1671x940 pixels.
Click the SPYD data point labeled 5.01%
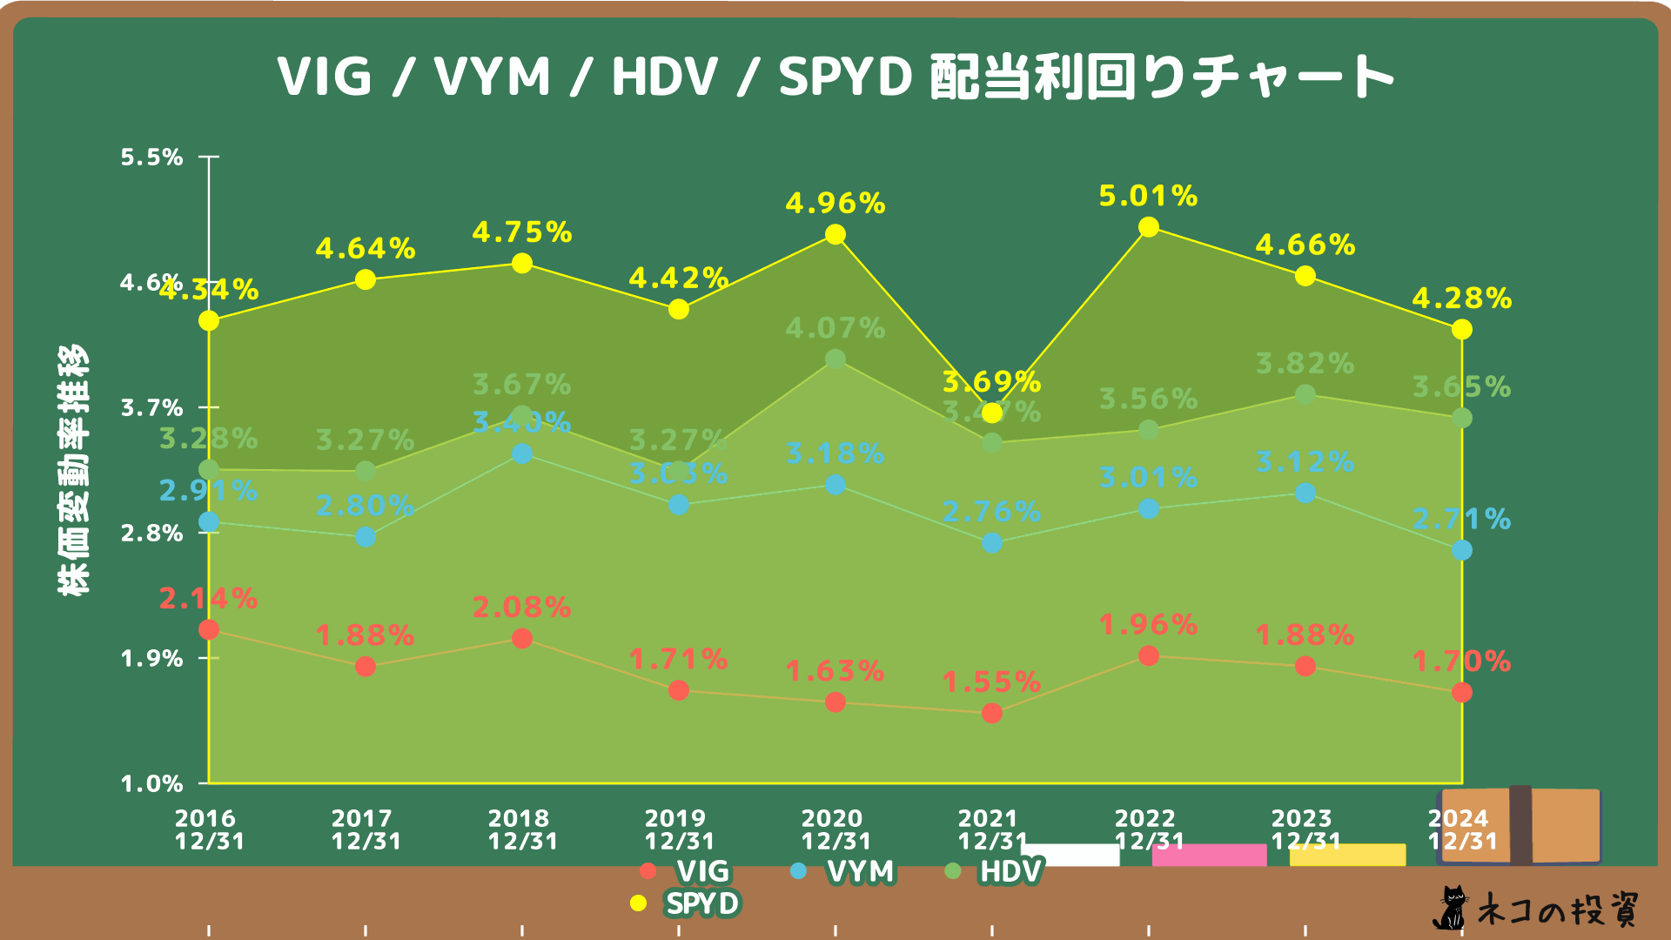tap(1148, 227)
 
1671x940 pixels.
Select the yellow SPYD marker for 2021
tap(991, 413)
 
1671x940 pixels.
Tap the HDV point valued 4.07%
tap(835, 359)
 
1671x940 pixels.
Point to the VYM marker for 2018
tap(521, 453)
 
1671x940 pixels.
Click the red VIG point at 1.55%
tap(991, 713)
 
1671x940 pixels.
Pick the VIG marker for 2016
tap(209, 629)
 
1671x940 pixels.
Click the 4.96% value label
tap(835, 204)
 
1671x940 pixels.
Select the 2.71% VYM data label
tap(1461, 520)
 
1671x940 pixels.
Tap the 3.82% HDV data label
tap(1305, 364)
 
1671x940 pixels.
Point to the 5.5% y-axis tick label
tap(151, 158)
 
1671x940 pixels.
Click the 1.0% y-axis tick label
tap(151, 783)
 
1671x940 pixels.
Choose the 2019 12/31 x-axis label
tap(678, 829)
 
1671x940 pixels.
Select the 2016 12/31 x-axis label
tap(209, 829)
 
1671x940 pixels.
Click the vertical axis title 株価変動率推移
tap(73, 470)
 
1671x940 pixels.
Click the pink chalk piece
tap(1209, 855)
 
